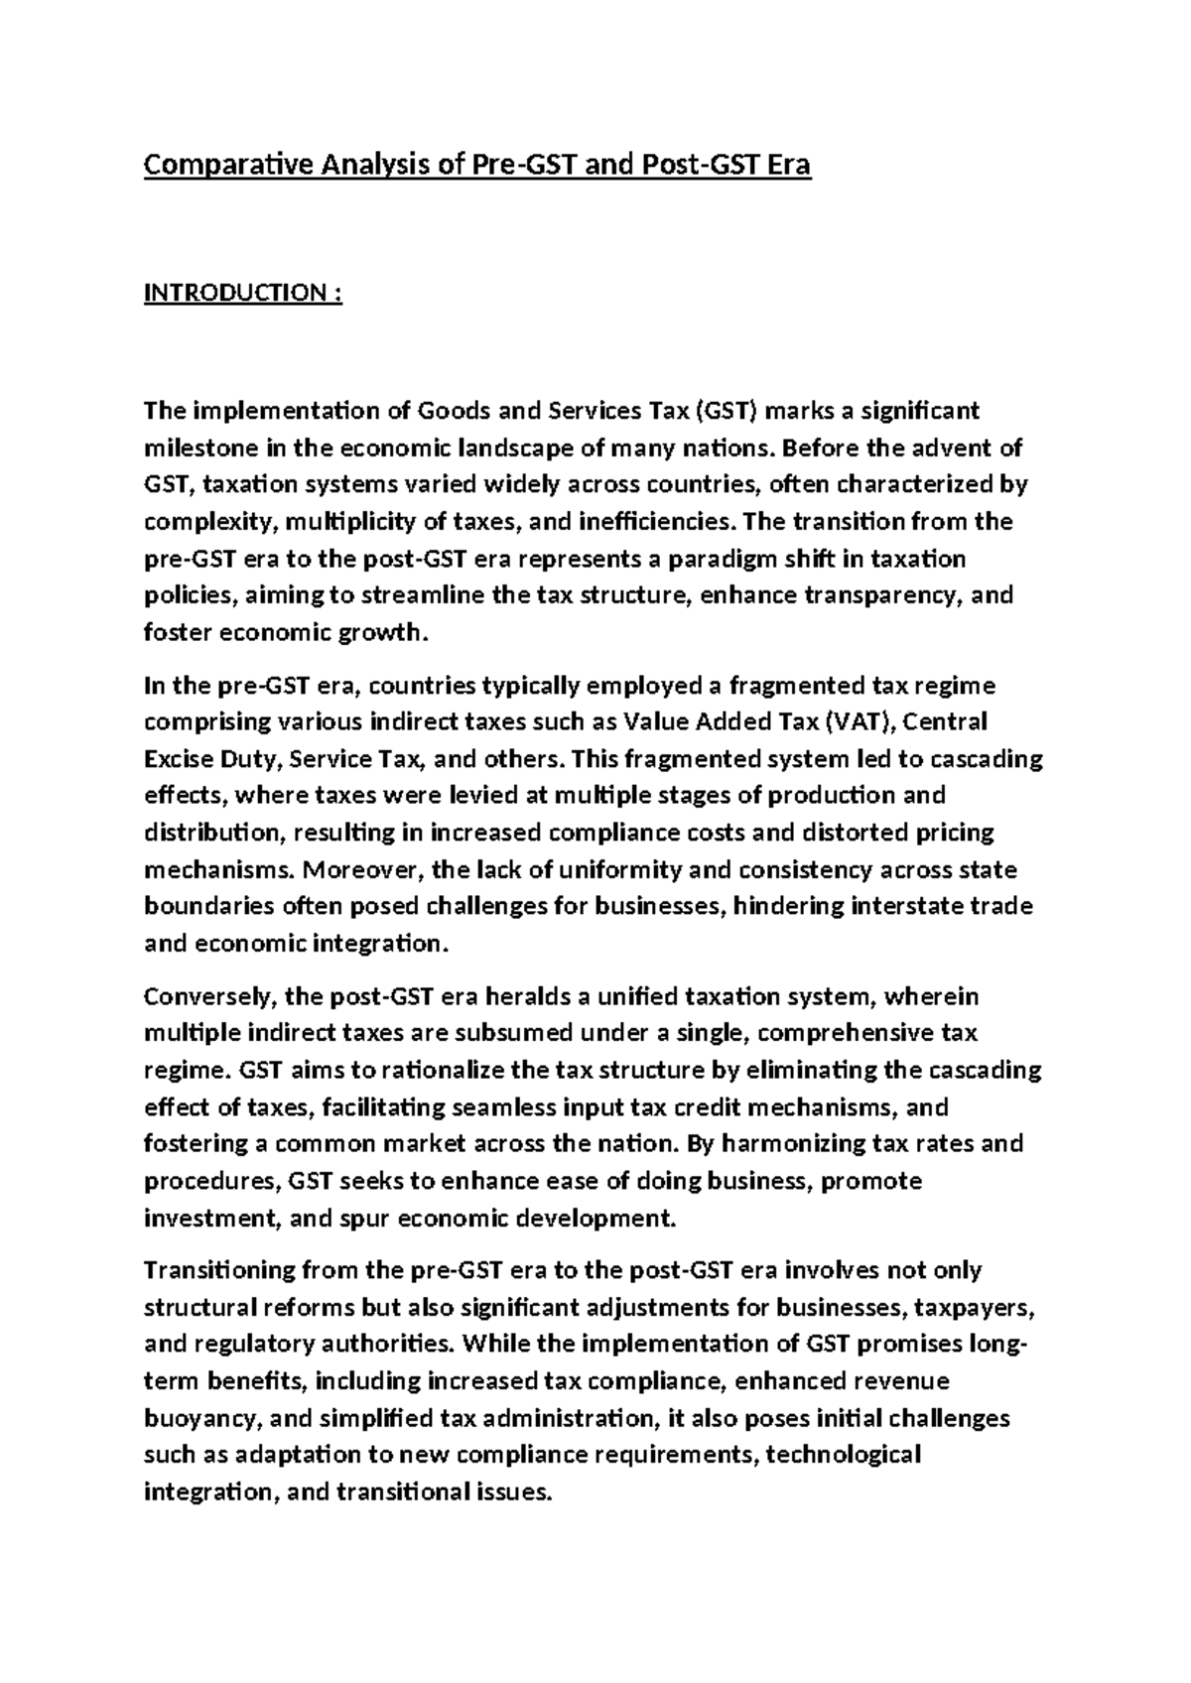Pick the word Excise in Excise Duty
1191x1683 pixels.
point(179,759)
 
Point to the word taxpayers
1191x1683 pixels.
point(976,1308)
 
